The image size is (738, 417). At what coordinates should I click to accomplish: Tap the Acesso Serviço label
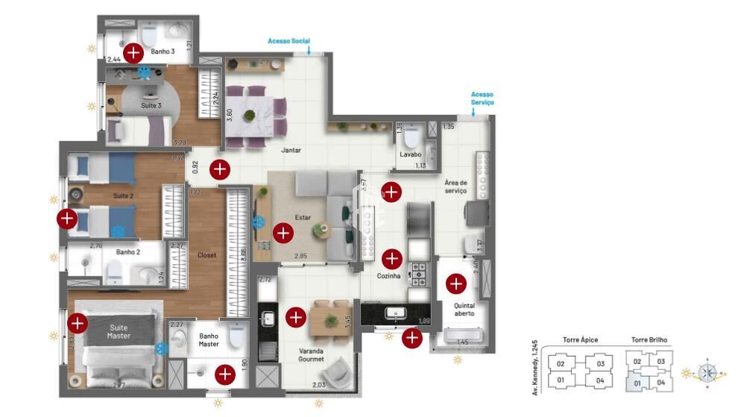pyautogui.click(x=482, y=98)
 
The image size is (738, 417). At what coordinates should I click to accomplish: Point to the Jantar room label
pyautogui.click(x=291, y=150)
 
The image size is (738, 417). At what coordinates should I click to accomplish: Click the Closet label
pyautogui.click(x=206, y=255)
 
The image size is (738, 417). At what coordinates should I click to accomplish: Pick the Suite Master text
pyautogui.click(x=119, y=331)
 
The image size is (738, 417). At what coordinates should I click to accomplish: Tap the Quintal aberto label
pyautogui.click(x=464, y=310)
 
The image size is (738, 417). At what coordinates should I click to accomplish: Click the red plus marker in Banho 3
pyautogui.click(x=133, y=52)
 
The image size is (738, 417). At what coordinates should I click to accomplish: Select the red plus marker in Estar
pyautogui.click(x=283, y=233)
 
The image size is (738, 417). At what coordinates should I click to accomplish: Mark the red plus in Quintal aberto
pyautogui.click(x=455, y=283)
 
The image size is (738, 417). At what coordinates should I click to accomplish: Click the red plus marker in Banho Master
pyautogui.click(x=224, y=374)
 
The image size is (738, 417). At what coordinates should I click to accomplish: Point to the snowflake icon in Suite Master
pyautogui.click(x=160, y=348)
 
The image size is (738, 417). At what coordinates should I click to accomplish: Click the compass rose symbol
pyautogui.click(x=707, y=372)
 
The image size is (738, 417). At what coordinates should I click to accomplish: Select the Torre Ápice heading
pyautogui.click(x=579, y=340)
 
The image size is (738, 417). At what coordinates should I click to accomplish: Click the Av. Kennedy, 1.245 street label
pyautogui.click(x=535, y=366)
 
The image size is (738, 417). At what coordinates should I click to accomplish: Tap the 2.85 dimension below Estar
pyautogui.click(x=300, y=257)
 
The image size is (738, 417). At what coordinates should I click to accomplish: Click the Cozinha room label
pyautogui.click(x=388, y=275)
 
